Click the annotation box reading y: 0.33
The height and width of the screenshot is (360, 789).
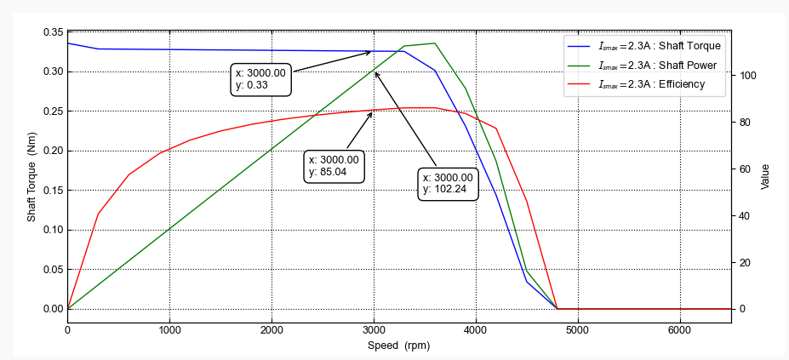[260, 79]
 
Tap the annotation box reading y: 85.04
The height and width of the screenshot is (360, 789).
[334, 165]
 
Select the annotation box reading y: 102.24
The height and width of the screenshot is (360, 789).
[448, 183]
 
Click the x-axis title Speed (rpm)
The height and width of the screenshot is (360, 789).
[399, 346]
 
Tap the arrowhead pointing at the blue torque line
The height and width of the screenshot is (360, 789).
[370, 52]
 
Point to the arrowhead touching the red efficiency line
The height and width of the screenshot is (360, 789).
[372, 113]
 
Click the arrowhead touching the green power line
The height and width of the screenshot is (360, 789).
[376, 72]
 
